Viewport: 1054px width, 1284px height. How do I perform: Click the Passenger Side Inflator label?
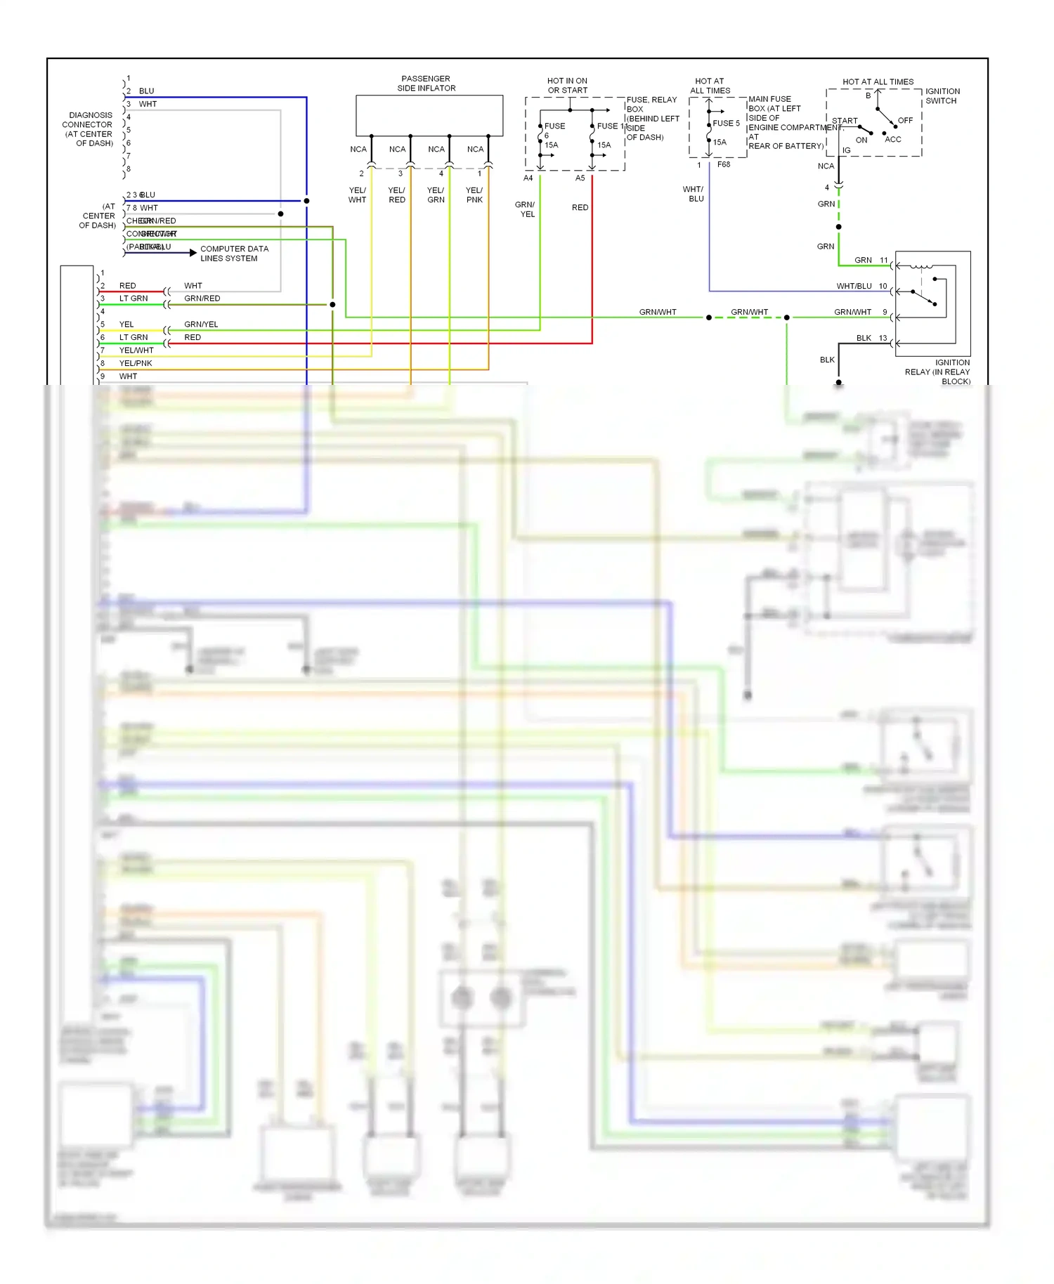(426, 84)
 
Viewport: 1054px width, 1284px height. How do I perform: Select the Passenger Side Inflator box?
(429, 115)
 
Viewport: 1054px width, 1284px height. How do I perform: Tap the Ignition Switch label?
(942, 96)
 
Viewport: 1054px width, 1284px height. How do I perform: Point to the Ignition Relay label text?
(939, 372)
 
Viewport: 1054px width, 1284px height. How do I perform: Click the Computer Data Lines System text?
(234, 254)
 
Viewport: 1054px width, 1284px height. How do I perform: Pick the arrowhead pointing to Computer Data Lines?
(193, 253)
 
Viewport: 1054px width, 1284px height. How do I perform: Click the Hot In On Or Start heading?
(567, 86)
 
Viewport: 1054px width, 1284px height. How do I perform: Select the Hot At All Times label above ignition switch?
(878, 82)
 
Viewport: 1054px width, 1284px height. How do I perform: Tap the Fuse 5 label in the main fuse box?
(726, 124)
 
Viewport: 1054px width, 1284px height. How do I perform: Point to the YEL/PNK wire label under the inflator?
(474, 195)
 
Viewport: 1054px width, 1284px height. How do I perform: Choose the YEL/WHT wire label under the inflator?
(357, 195)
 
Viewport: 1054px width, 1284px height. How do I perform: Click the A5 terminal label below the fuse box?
(580, 178)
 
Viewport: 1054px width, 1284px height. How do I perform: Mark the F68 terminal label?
(724, 165)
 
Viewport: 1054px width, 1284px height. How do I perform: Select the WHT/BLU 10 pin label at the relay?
(861, 287)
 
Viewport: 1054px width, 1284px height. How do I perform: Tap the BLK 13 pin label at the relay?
(871, 339)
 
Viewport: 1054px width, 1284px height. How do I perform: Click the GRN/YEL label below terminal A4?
(526, 209)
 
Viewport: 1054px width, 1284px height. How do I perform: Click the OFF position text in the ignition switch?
(905, 121)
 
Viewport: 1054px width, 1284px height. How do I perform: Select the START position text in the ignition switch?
(845, 121)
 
